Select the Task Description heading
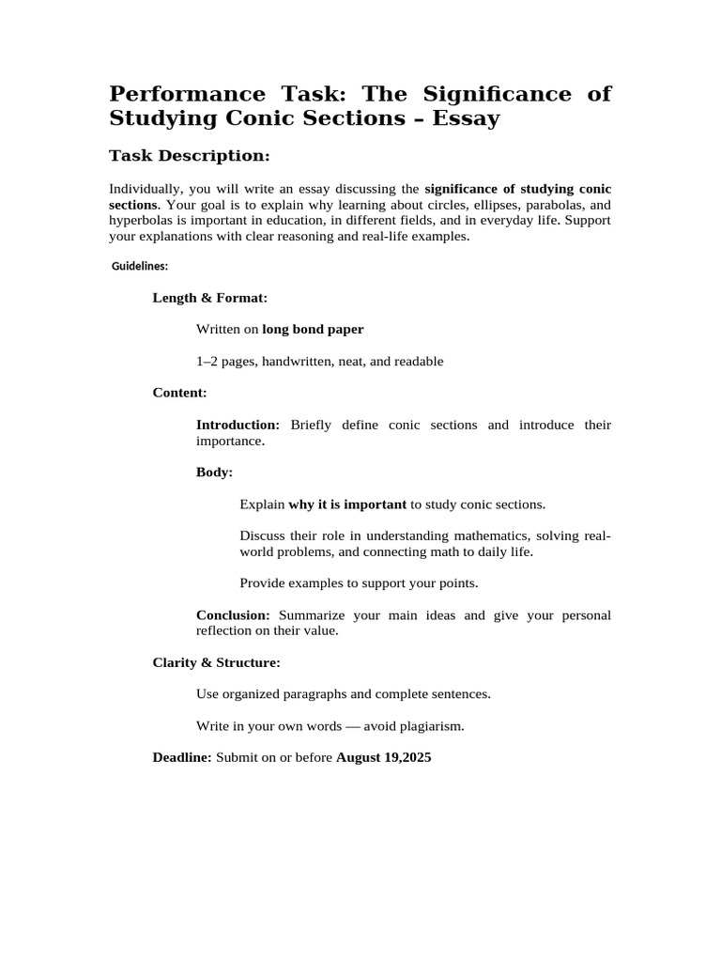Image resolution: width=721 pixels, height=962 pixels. pyautogui.click(x=190, y=155)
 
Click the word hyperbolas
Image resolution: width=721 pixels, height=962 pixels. pyautogui.click(x=141, y=221)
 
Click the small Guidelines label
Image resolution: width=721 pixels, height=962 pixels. pyautogui.click(x=140, y=267)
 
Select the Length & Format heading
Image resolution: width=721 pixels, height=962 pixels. pyautogui.click(x=210, y=298)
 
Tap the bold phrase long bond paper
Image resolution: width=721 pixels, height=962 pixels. pyautogui.click(x=313, y=330)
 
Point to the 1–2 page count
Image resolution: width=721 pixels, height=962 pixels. pyautogui.click(x=209, y=362)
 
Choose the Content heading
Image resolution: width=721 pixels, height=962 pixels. pyautogui.click(x=179, y=393)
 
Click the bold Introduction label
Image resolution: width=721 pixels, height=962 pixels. pyautogui.click(x=238, y=425)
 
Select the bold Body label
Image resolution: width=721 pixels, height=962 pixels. pyautogui.click(x=214, y=473)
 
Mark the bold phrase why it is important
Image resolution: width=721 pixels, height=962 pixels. pyautogui.click(x=347, y=504)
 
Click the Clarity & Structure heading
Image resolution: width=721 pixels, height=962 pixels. pyautogui.click(x=216, y=663)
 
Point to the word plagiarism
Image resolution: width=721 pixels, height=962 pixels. pyautogui.click(x=431, y=726)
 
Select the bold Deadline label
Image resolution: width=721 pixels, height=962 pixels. pyautogui.click(x=182, y=757)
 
